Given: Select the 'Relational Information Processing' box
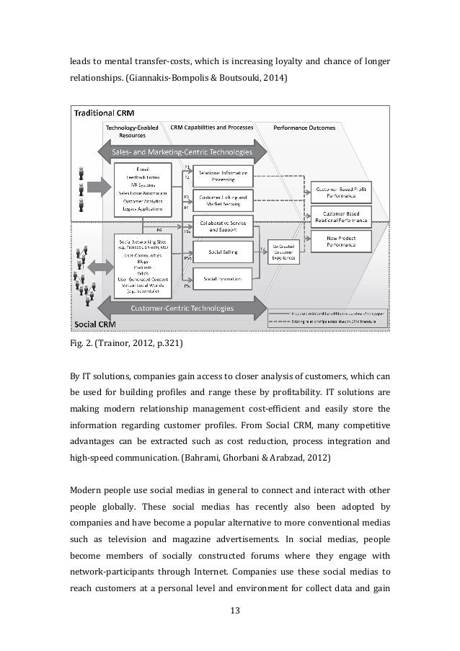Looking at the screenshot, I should click(224, 175).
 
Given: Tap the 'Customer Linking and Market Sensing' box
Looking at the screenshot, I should click(224, 201).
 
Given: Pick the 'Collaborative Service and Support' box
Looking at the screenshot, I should click(224, 227).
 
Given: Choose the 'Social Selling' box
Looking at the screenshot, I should click(224, 252).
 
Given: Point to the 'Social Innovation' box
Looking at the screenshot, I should click(224, 278).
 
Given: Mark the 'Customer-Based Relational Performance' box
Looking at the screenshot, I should click(338, 217).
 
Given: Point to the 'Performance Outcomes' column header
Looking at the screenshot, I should click(304, 128).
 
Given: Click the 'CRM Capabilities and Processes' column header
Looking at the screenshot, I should click(212, 128).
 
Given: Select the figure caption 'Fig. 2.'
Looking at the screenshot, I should click(79, 343).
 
